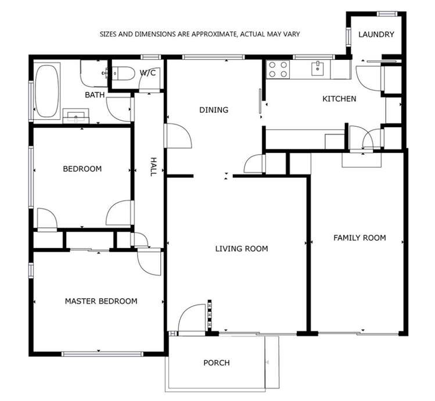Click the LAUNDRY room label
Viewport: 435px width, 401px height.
tap(376, 34)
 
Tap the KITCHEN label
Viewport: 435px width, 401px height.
tap(339, 99)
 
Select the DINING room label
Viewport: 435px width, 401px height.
tap(214, 110)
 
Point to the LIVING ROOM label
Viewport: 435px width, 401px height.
tap(242, 249)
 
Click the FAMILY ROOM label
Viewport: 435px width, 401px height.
tap(359, 238)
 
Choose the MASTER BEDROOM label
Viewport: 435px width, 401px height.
tap(101, 301)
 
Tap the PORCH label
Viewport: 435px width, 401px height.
tap(216, 363)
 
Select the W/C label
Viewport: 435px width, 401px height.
tap(148, 73)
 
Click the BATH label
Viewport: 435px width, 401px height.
tap(94, 95)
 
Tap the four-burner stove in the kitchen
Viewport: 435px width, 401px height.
tap(278, 70)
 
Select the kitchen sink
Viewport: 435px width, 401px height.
tap(317, 69)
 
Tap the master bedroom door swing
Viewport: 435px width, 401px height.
tap(149, 260)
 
